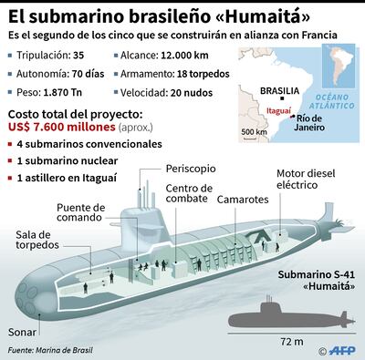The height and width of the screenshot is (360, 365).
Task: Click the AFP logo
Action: pyautogui.click(x=342, y=349)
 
